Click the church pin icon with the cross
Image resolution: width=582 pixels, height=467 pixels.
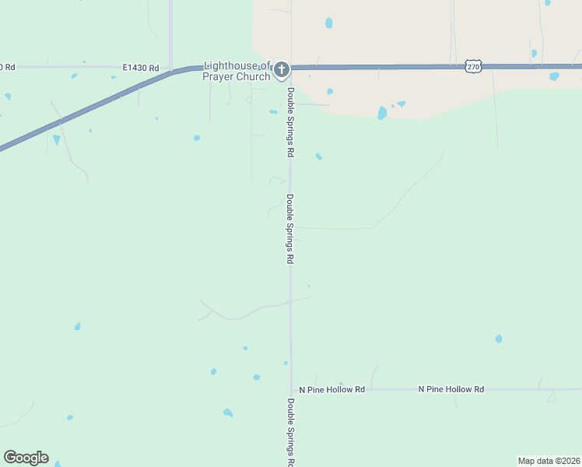pos(282,70)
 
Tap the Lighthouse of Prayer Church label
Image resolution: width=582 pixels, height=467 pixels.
pos(237,71)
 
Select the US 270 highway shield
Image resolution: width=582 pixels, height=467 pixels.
pos(473,67)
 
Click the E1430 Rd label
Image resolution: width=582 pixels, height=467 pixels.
pos(140,68)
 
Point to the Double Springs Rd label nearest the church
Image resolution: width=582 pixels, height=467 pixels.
pos(290,121)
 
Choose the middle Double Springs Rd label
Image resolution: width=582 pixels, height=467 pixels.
pos(290,229)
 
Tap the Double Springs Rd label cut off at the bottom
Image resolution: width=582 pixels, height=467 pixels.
pos(290,432)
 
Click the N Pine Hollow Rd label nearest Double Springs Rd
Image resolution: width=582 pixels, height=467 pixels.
pos(331,388)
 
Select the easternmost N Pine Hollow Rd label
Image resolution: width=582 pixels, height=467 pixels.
pos(451,388)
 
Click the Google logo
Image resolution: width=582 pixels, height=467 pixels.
pos(26,458)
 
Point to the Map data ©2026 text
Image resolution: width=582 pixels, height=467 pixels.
pos(549,461)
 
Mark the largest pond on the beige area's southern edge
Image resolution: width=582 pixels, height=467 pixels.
pos(382,113)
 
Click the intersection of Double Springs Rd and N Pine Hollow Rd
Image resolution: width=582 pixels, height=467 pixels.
pos(291,389)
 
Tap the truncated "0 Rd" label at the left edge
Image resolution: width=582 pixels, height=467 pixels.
pos(7,68)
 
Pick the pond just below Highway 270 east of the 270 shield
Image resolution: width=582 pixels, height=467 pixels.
pos(554,76)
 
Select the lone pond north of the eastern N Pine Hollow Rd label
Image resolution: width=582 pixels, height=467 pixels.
pos(499,339)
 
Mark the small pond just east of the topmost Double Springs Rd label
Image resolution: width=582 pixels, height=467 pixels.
pos(318,156)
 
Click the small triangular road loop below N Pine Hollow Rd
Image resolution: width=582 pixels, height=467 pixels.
pos(552,397)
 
